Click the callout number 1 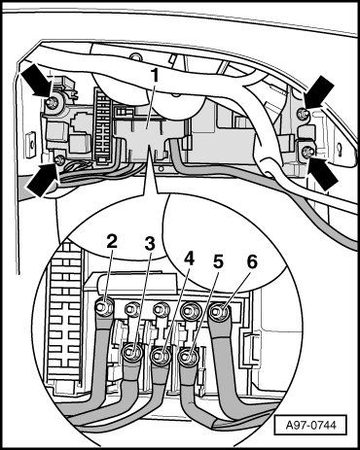click(x=155, y=77)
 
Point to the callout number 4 click(x=189, y=259)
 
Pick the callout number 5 click(x=218, y=261)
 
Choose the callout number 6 click(x=252, y=261)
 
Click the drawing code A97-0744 click(x=310, y=425)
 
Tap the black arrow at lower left click(x=42, y=179)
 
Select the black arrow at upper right click(x=319, y=92)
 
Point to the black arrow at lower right click(x=324, y=173)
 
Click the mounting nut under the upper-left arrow click(x=51, y=102)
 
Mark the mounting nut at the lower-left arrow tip click(x=59, y=159)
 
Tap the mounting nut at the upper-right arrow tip click(x=303, y=113)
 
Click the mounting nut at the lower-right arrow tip click(x=306, y=151)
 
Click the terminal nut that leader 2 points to click(x=104, y=306)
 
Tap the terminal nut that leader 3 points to click(x=131, y=351)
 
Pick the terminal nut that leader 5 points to click(x=187, y=357)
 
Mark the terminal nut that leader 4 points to click(x=160, y=356)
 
